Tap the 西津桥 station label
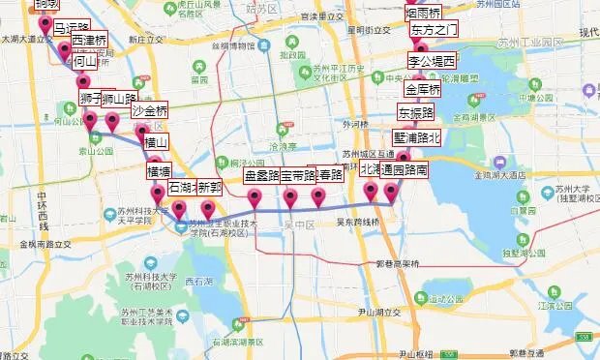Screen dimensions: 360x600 coord(89,43)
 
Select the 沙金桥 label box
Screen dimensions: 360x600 coord(149,110)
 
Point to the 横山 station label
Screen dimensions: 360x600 coord(156,143)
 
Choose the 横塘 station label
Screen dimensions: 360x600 coord(159,171)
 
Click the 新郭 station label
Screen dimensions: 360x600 coord(208,188)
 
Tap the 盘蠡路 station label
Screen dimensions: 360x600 coord(261,176)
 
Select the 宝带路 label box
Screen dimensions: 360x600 coord(297,176)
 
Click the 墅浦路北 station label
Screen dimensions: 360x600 coord(416,137)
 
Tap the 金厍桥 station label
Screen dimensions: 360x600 coord(423,90)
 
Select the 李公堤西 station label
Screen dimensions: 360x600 coord(431,61)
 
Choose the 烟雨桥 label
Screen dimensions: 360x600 coord(422,13)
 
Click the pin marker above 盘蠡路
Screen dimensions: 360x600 coord(255,197)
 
